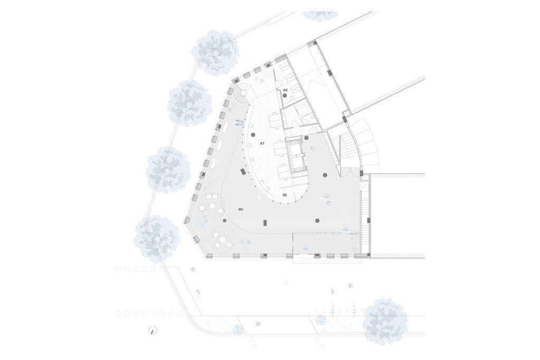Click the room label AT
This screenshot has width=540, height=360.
click(262, 143)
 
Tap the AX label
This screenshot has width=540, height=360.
click(285, 90)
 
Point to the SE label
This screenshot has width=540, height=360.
click(284, 195)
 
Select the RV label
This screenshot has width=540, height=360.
click(240, 209)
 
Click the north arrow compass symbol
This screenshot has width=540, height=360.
click(153, 330)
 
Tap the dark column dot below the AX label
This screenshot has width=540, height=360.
click(285, 95)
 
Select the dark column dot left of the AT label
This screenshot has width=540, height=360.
click(253, 134)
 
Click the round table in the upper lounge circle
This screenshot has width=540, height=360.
click(213, 206)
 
